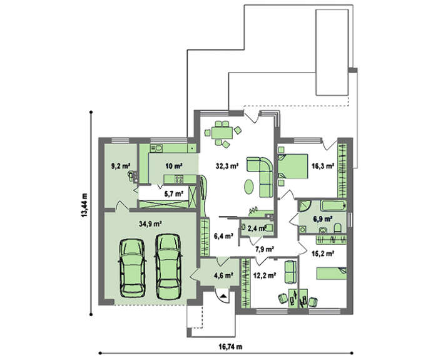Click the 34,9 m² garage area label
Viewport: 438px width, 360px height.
pyautogui.click(x=151, y=224)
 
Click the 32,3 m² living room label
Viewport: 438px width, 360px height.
pyautogui.click(x=227, y=166)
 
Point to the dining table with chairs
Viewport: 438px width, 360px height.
pyautogui.click(x=222, y=133)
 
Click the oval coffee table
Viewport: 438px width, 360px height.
pyautogui.click(x=249, y=187)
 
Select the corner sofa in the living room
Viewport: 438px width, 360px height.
pyautogui.click(x=260, y=177)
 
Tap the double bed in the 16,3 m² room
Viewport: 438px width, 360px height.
pyautogui.click(x=293, y=166)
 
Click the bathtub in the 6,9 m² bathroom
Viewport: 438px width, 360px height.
pyautogui.click(x=334, y=206)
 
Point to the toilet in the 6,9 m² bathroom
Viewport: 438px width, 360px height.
pyautogui.click(x=337, y=228)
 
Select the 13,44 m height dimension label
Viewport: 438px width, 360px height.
pyautogui.click(x=84, y=205)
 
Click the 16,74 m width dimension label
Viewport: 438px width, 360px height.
pyautogui.click(x=230, y=347)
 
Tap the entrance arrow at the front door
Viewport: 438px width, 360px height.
pyautogui.click(x=223, y=296)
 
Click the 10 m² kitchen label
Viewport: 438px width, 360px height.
pyautogui.click(x=174, y=166)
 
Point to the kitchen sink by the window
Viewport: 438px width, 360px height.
pyautogui.click(x=156, y=148)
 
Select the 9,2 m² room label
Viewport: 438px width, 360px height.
pyautogui.click(x=121, y=166)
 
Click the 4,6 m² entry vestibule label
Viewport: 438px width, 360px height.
pyautogui.click(x=224, y=275)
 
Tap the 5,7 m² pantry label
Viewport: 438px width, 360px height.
pyautogui.click(x=174, y=193)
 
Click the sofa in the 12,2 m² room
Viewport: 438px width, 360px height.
pyautogui.click(x=290, y=272)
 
